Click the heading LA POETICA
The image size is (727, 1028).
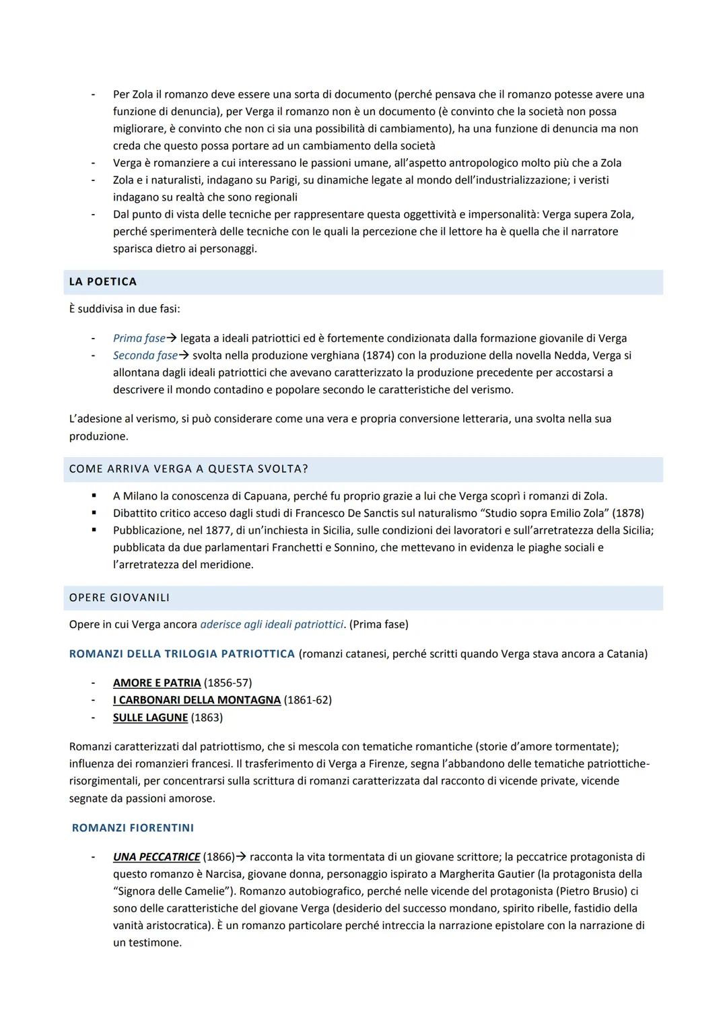[103, 282]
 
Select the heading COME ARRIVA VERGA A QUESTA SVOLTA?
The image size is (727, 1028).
[188, 469]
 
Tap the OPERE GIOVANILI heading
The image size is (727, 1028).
[119, 598]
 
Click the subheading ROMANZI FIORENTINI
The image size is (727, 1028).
[133, 828]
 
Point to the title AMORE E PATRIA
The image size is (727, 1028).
[157, 683]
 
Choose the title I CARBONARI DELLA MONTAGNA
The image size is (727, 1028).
[197, 700]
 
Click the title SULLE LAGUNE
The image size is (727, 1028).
[150, 718]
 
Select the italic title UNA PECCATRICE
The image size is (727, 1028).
[156, 857]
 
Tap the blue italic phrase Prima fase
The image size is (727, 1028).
[139, 339]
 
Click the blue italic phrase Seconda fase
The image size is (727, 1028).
[145, 355]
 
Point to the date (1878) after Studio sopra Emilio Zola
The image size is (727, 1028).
[629, 513]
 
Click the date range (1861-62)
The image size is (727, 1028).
[308, 700]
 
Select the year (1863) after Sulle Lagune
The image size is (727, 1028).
[207, 718]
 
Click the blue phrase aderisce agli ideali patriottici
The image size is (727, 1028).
[272, 625]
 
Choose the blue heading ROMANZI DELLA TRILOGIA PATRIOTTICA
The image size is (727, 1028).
[182, 654]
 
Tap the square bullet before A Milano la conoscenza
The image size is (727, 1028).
[94, 496]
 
